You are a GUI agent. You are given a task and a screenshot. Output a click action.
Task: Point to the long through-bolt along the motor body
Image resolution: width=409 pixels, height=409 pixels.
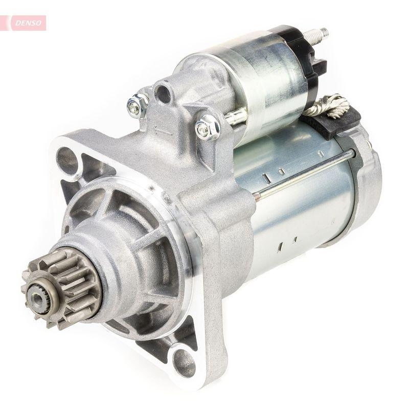[307, 171]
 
